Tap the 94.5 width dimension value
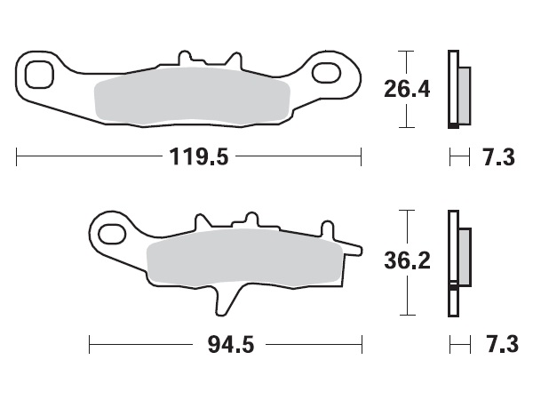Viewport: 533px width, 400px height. coord(225,343)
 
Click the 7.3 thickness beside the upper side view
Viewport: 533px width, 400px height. coord(498,158)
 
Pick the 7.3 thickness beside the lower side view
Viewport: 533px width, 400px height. coord(498,343)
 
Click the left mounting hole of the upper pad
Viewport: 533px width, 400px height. coord(37,75)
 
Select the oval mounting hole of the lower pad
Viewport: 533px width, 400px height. coord(112,235)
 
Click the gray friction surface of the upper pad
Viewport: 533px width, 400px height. coord(191,98)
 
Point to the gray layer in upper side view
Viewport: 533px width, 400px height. coord(465,96)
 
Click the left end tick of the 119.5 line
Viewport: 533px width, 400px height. coord(18,158)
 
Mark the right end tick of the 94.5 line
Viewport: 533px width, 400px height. coord(362,343)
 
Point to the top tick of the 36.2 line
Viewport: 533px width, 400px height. coord(406,210)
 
